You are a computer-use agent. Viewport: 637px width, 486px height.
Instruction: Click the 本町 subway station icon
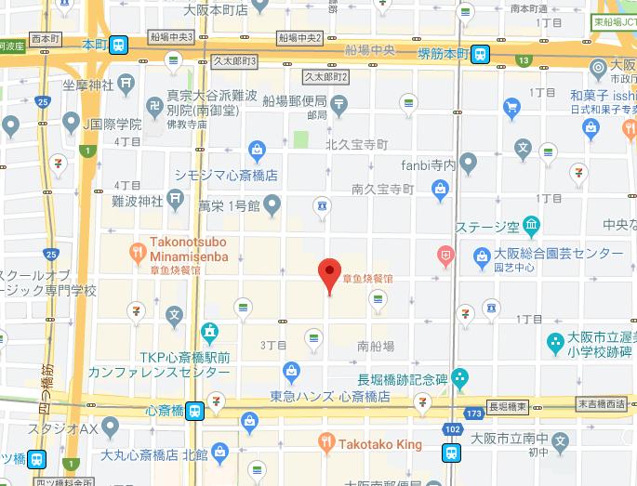[x=118, y=45]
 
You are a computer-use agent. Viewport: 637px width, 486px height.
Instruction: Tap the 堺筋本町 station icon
[x=480, y=54]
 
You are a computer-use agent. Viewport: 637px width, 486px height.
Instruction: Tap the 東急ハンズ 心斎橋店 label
[x=329, y=397]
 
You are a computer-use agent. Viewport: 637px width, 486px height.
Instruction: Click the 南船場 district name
[x=376, y=345]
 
